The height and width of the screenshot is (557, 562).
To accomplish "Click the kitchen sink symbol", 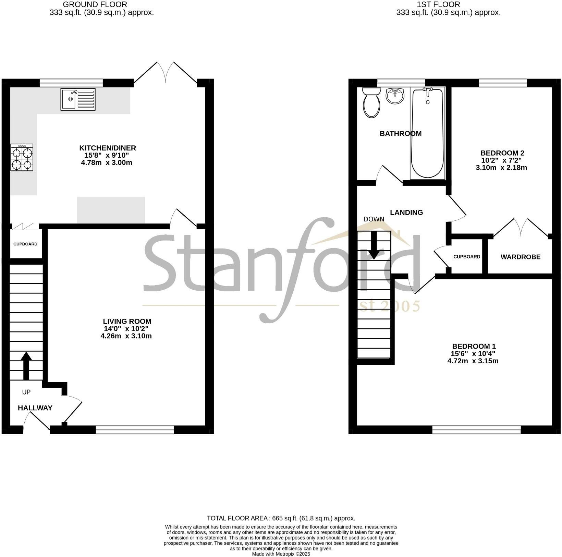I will tap(78, 99).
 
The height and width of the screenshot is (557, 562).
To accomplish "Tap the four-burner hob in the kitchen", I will tap(22, 157).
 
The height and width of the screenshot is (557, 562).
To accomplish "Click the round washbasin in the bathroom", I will tap(395, 95).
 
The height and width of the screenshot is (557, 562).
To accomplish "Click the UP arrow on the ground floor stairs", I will tap(26, 365).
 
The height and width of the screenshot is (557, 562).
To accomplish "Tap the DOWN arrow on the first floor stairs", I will tap(374, 245).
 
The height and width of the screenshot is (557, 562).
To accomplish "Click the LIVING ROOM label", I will tap(127, 322).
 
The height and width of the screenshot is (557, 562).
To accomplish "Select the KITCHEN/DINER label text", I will tap(108, 148).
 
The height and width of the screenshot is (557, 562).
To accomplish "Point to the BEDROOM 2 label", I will tap(502, 153).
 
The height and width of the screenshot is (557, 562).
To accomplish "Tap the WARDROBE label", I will tap(521, 257).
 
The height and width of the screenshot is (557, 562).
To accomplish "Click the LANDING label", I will tap(406, 213).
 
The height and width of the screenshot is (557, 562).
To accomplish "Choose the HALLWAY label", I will tap(35, 408).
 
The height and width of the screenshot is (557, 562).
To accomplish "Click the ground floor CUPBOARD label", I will tap(25, 244).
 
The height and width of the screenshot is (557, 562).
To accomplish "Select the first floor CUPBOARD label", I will tap(467, 257).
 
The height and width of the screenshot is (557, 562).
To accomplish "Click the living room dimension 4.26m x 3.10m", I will tap(126, 336).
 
